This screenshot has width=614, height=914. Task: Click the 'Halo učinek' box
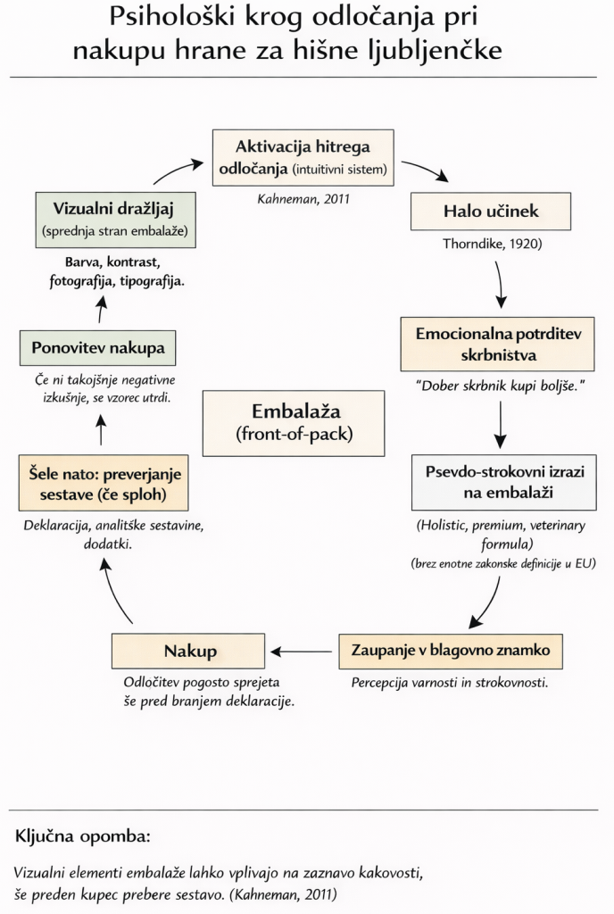490,212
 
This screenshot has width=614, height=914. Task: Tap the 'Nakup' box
188,651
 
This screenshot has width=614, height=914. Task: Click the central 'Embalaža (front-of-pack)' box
294,424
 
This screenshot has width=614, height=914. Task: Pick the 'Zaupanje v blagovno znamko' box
451,651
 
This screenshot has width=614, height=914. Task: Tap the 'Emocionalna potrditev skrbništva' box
499,344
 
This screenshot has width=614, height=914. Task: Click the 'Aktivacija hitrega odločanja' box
303,157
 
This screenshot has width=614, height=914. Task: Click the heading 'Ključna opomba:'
83,839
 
